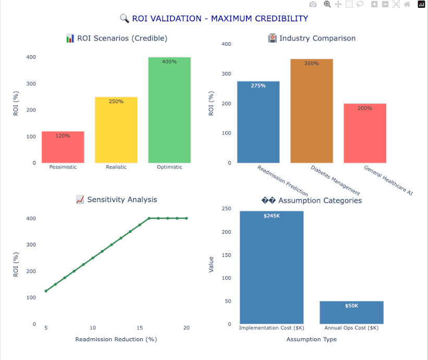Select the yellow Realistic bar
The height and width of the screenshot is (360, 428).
click(x=116, y=130)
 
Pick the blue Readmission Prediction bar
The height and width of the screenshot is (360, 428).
click(x=258, y=122)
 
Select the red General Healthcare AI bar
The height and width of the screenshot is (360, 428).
click(x=364, y=133)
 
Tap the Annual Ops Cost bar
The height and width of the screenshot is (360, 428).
click(x=351, y=313)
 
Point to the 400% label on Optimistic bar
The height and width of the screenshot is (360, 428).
click(x=169, y=61)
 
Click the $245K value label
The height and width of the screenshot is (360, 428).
click(x=271, y=216)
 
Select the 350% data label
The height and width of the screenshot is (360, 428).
click(x=311, y=64)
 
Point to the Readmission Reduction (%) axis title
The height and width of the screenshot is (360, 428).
click(x=116, y=339)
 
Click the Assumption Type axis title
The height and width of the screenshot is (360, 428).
click(x=311, y=339)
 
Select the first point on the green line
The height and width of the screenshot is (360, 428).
click(x=46, y=291)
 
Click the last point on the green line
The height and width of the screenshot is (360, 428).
click(x=186, y=218)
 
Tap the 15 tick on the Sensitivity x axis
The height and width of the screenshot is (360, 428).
click(x=139, y=328)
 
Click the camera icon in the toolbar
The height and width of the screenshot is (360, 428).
click(x=313, y=4)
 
